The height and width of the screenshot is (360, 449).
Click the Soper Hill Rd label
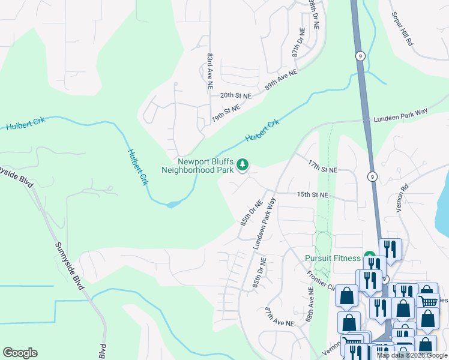click(402, 28)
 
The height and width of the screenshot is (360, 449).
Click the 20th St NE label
click(235, 95)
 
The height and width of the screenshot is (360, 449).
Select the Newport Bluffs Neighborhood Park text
click(197, 166)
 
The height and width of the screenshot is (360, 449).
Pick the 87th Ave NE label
click(280, 316)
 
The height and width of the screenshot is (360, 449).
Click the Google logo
click(20, 353)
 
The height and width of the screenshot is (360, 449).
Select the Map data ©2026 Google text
click(412, 355)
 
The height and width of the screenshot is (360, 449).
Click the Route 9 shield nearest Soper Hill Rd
click(360, 55)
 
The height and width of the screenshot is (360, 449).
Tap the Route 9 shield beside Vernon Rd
click(373, 176)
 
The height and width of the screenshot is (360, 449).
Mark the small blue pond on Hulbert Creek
click(173, 204)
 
